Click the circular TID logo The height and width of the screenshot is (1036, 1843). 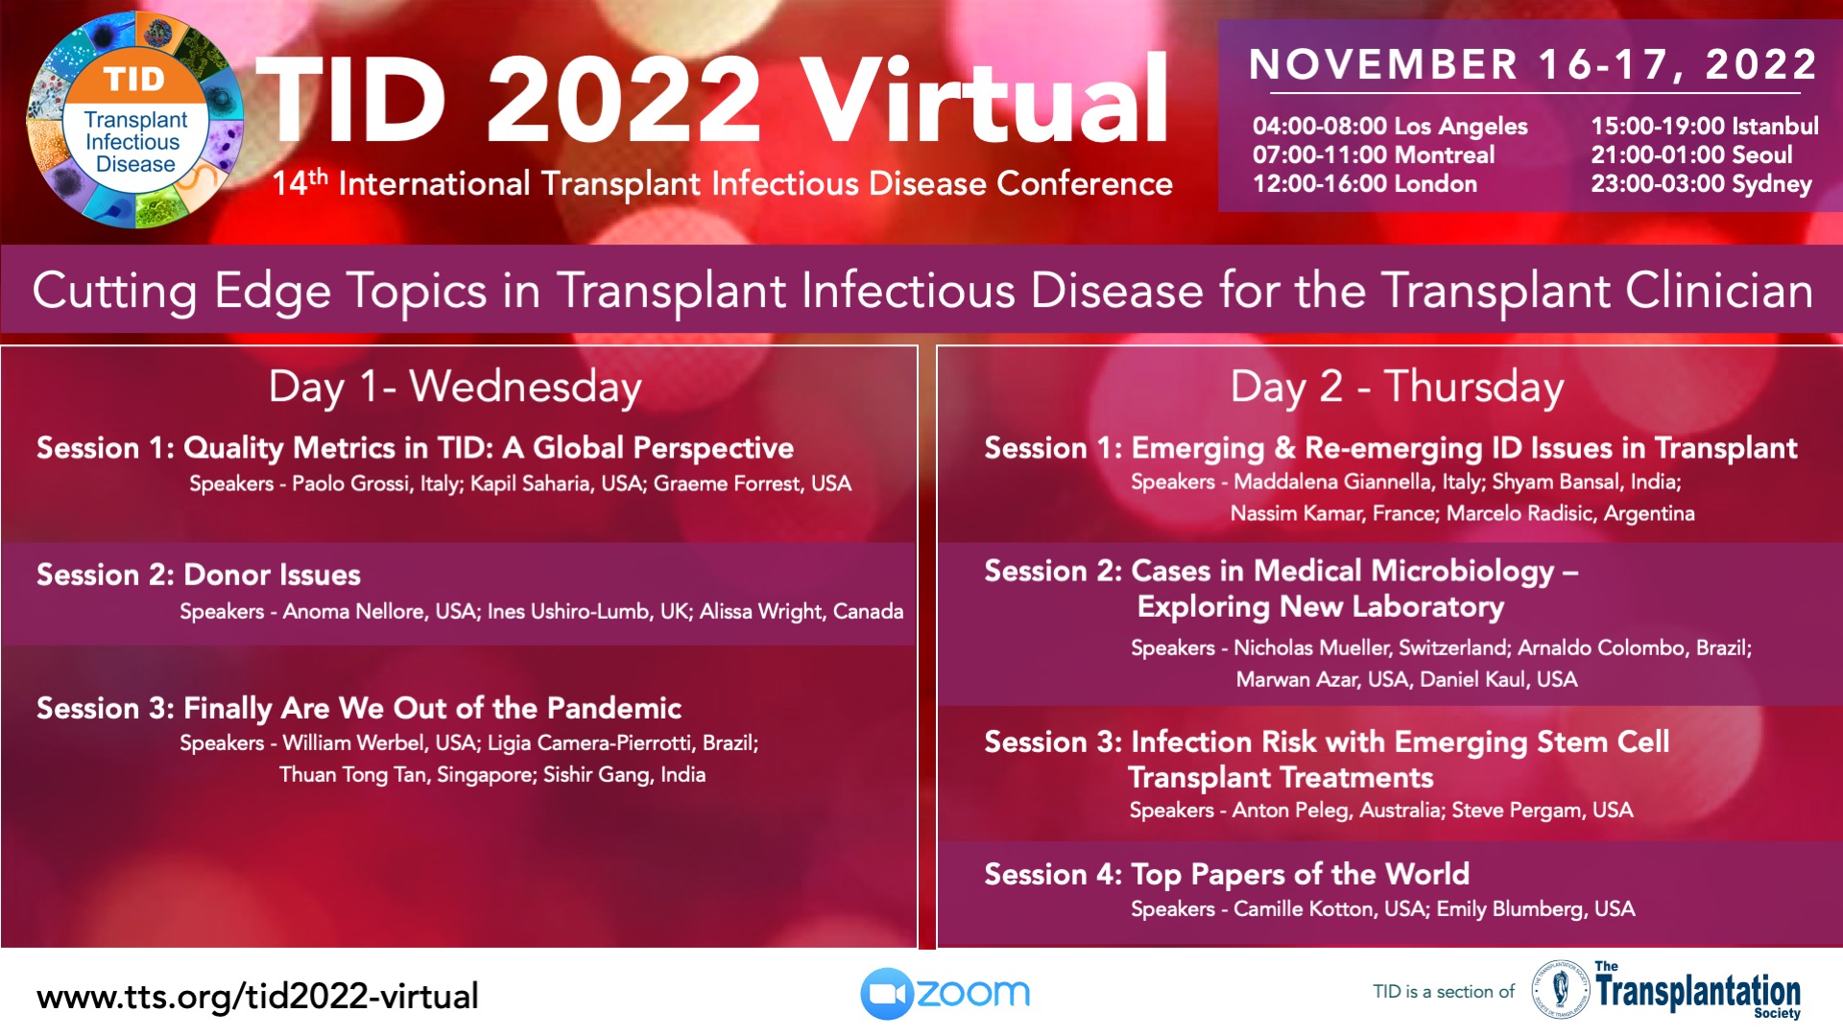click(134, 120)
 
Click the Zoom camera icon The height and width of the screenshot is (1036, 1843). click(886, 994)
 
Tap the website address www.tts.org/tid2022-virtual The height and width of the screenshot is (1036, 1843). click(257, 997)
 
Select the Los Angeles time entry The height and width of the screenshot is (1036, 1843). click(1390, 126)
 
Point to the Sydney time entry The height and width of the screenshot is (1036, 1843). click(1701, 184)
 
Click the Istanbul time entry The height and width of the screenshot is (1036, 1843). click(1705, 126)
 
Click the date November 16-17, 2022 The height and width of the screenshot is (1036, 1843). click(1533, 64)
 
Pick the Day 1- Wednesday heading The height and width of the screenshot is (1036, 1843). click(455, 387)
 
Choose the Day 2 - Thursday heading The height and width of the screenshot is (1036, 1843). click(1398, 387)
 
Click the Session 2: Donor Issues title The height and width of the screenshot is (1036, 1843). click(199, 575)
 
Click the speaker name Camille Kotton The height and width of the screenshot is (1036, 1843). click(1304, 908)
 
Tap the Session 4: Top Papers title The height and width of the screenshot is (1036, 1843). click(1227, 875)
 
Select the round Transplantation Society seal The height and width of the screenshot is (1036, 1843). click(1560, 989)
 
